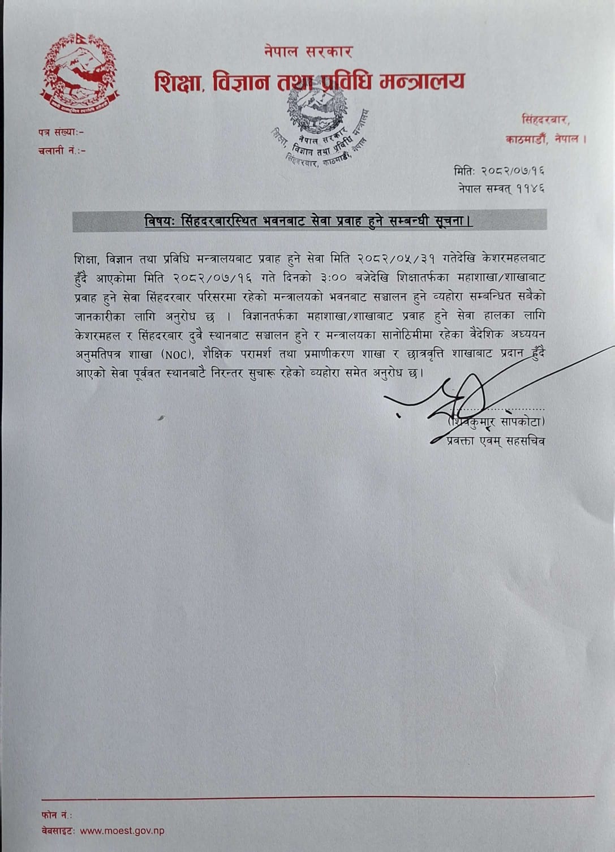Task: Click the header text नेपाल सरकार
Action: tap(308, 51)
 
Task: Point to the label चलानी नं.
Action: tap(62, 151)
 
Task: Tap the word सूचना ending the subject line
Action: tap(453, 221)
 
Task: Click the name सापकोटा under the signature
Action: tap(518, 422)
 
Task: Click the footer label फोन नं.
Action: tap(57, 815)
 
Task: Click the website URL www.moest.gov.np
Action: tap(122, 831)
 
